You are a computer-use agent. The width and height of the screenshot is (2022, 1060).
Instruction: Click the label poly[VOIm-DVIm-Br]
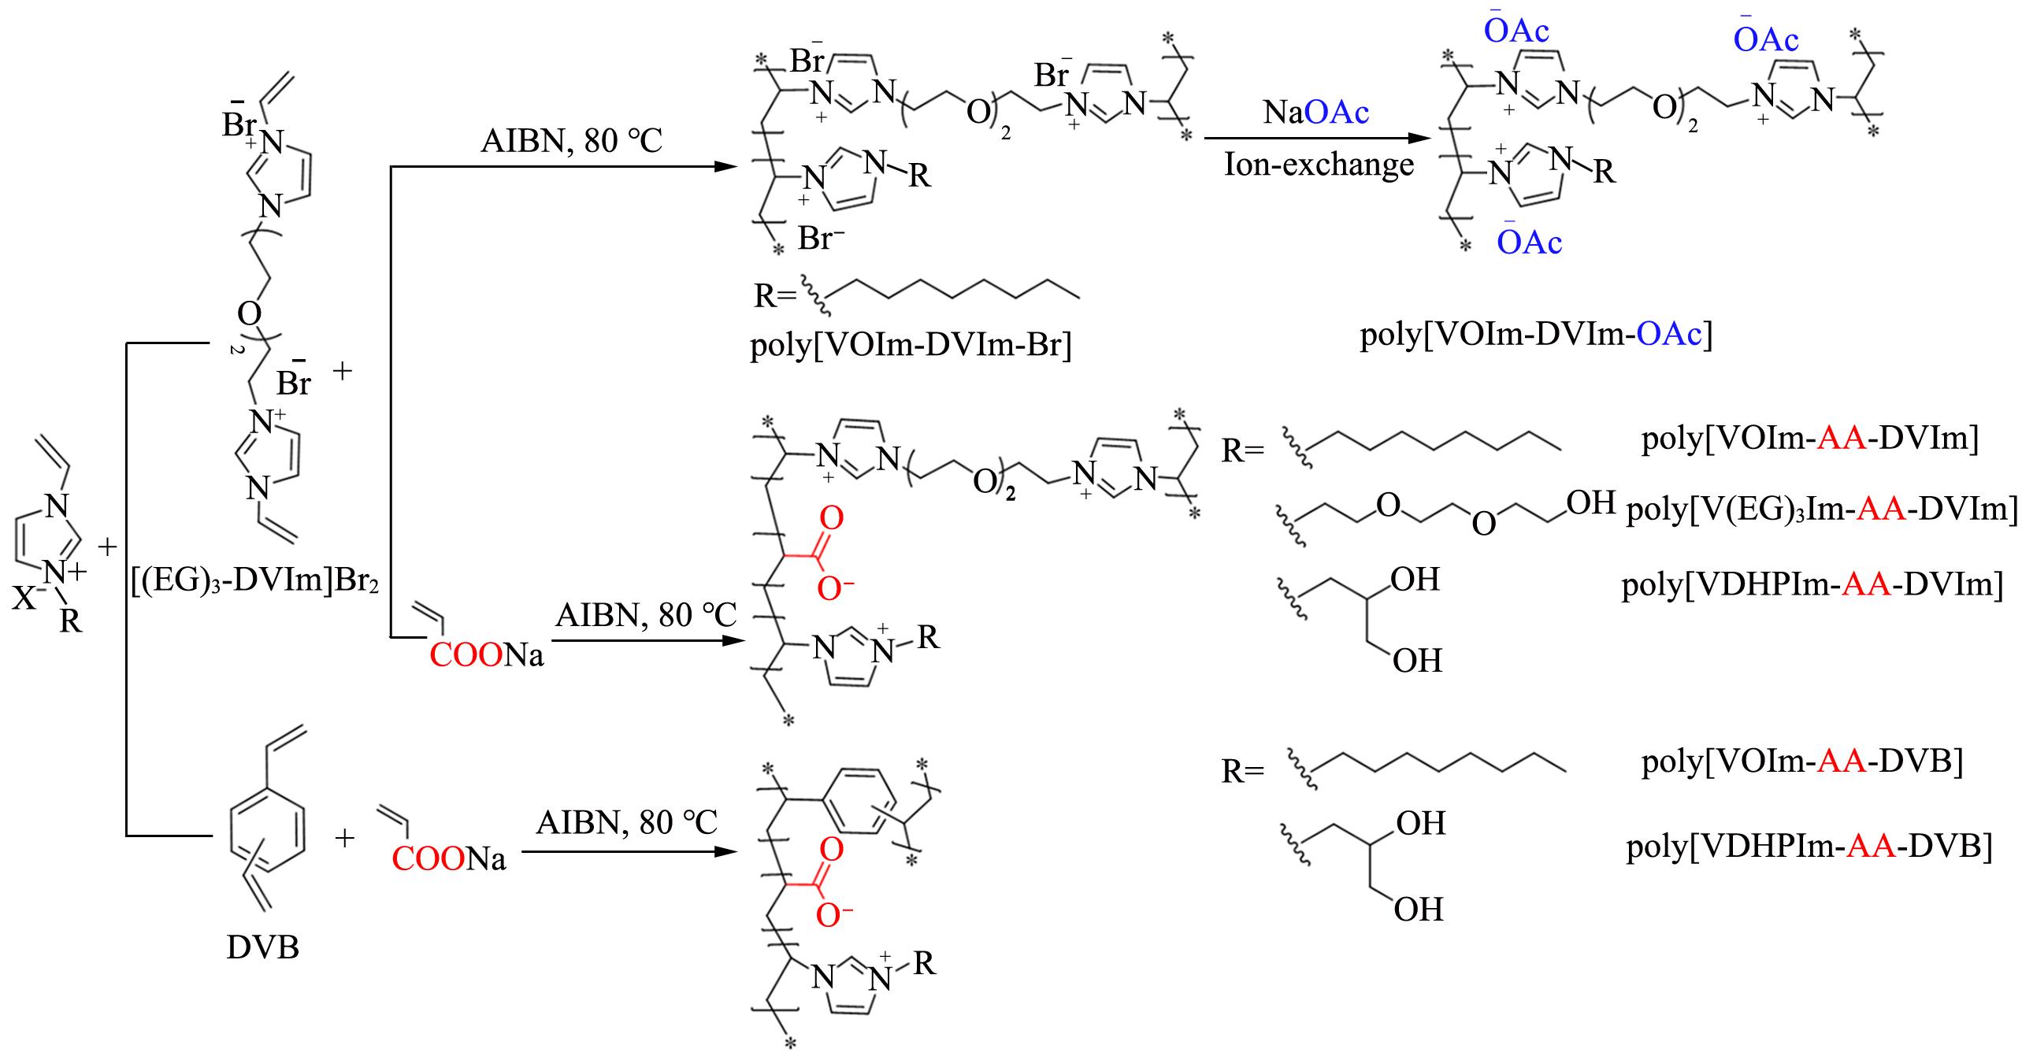coord(911,345)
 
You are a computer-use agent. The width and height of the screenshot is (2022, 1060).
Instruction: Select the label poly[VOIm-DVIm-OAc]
coord(1536,335)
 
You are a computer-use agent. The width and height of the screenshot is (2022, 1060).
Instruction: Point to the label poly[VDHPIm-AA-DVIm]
coord(1812,585)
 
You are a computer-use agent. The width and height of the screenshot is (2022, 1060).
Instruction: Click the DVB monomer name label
coord(263,947)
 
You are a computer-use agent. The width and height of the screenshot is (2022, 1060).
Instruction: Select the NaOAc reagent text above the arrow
coord(1316,113)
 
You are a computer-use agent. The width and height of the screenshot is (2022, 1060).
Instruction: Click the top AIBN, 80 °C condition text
coord(572,142)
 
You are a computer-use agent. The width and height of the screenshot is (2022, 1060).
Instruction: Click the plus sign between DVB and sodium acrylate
coord(344,838)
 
